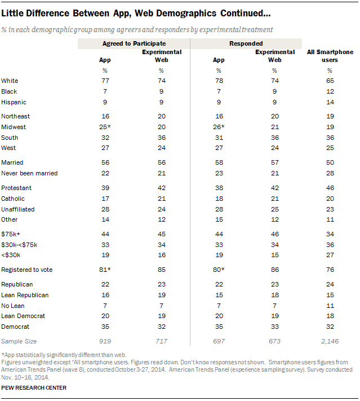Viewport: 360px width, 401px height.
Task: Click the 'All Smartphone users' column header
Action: click(330, 55)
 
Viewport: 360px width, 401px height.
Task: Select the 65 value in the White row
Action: click(330, 81)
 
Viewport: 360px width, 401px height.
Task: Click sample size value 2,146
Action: click(330, 341)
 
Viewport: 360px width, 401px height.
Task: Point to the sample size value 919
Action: click(105, 341)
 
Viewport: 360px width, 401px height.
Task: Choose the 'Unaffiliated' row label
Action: click(17, 209)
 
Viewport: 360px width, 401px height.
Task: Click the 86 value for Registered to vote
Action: click(274, 270)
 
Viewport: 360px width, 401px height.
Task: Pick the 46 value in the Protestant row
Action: click(330, 188)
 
